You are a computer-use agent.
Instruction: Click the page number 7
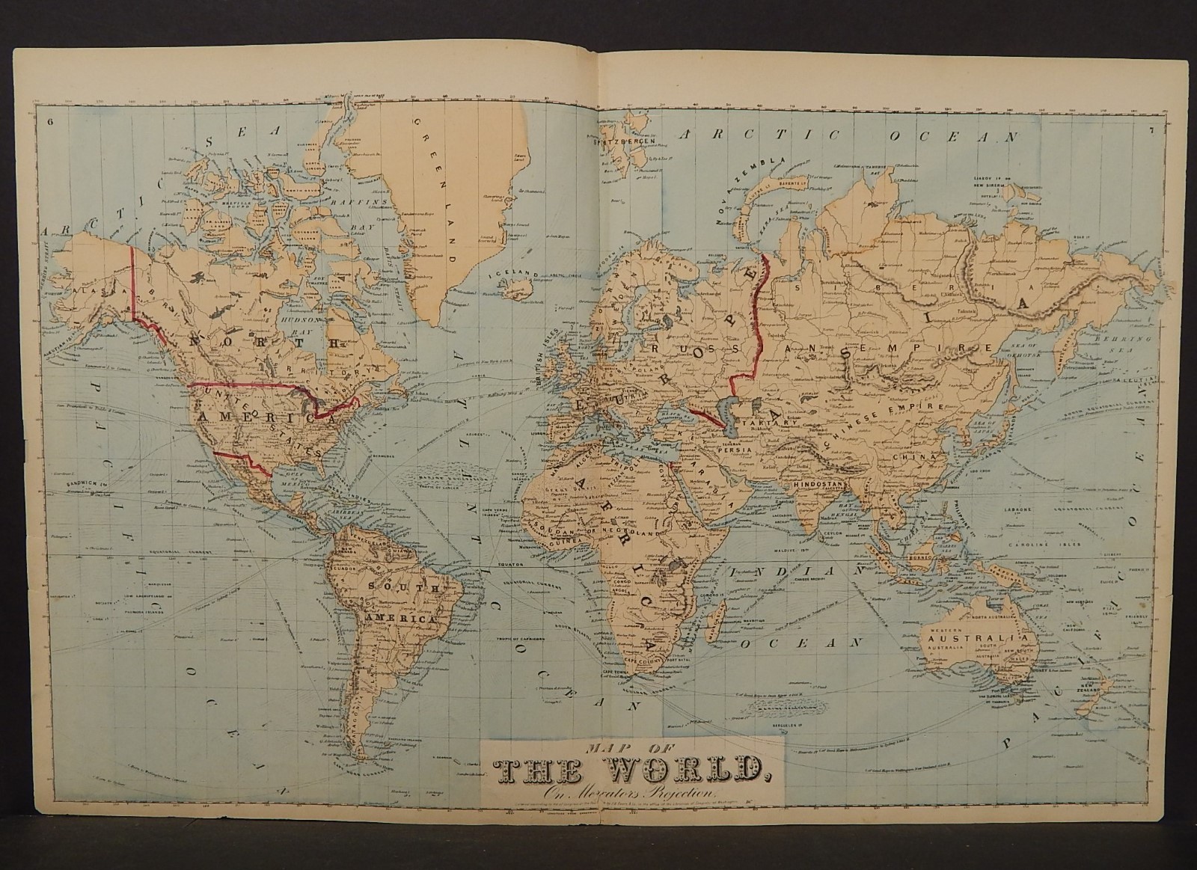(1152, 132)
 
